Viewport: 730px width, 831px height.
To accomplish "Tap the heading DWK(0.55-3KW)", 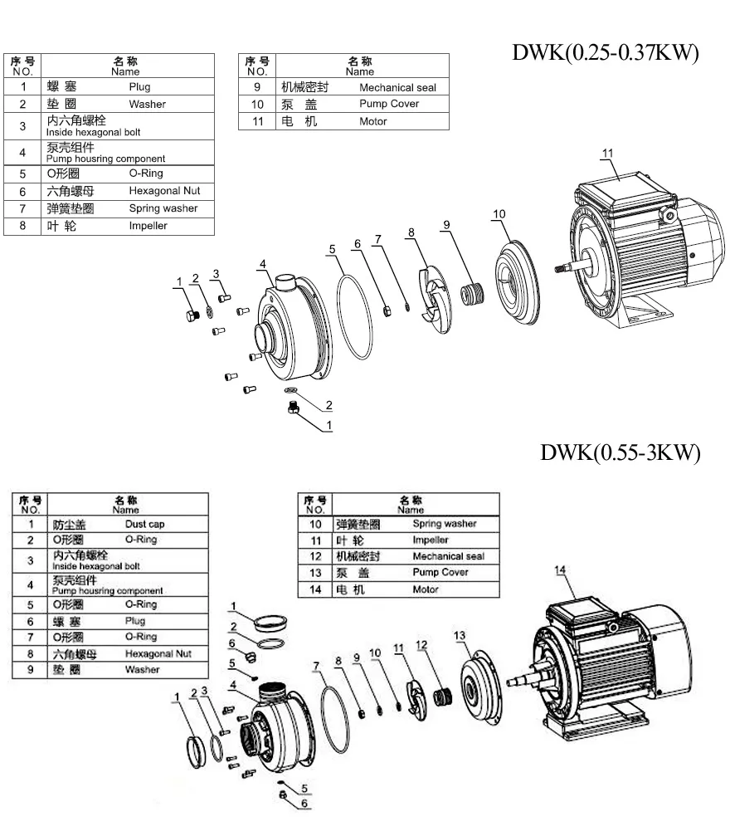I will [x=620, y=452].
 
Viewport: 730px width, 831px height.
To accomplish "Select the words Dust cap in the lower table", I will [x=144, y=524].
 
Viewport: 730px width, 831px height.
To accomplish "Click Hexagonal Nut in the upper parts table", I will [x=164, y=191].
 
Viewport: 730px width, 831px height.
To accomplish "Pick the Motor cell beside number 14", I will [x=426, y=589].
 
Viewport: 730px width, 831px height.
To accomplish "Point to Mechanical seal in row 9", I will [x=397, y=87].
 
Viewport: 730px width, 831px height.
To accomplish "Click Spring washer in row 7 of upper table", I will [x=163, y=208].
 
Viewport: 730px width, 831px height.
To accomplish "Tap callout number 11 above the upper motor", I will [x=607, y=153].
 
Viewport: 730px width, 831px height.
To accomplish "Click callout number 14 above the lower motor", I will [x=561, y=569].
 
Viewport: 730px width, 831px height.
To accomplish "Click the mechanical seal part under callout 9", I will [x=472, y=293].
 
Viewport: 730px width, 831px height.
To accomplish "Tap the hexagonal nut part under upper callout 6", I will [x=387, y=310].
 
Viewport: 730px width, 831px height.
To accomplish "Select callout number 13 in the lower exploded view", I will [x=460, y=635].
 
